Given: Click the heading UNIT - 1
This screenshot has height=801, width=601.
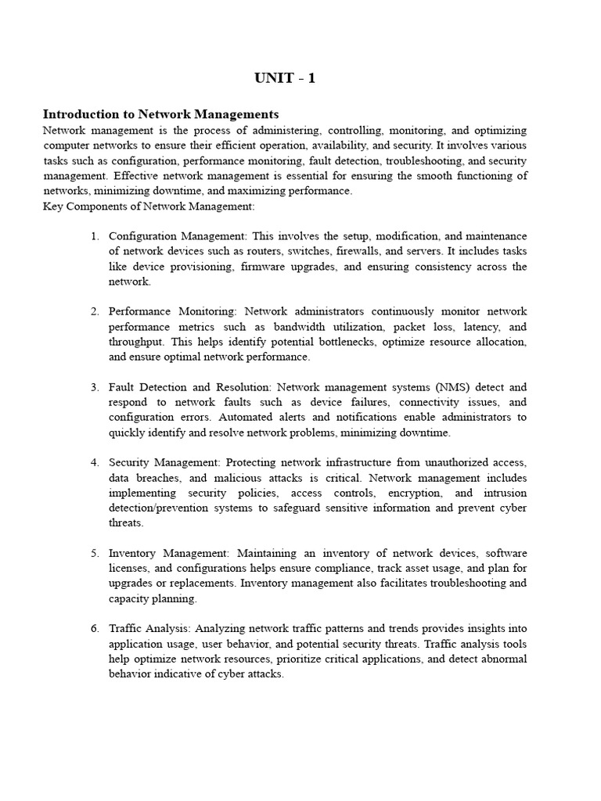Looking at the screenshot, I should click(x=285, y=78).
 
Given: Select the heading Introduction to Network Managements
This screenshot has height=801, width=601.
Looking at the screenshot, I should click(x=160, y=114).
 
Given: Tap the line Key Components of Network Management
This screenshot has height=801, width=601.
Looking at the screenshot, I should click(x=149, y=206).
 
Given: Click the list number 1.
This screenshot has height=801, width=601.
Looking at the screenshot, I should click(x=95, y=236).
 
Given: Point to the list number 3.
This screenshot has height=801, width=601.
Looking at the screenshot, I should click(x=95, y=387).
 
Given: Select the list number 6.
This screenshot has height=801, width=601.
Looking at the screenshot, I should click(x=95, y=628).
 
